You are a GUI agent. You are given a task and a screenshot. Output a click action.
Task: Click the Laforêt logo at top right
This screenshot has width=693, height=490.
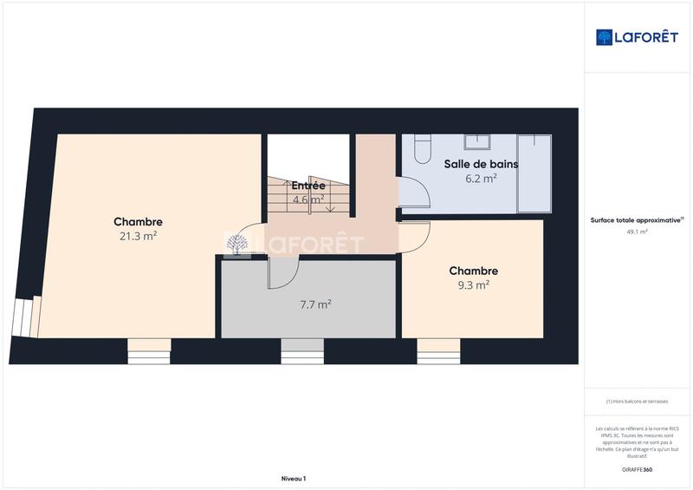pyautogui.click(x=638, y=37)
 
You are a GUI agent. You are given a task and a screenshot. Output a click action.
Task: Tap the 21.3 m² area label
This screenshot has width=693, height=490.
pyautogui.click(x=138, y=236)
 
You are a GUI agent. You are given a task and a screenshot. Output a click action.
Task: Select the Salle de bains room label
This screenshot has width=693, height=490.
pyautogui.click(x=481, y=164)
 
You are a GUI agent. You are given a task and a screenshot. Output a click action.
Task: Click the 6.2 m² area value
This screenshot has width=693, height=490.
pyautogui.click(x=481, y=179)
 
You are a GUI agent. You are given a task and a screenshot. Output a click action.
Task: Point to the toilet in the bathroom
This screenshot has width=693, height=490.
pyautogui.click(x=422, y=149)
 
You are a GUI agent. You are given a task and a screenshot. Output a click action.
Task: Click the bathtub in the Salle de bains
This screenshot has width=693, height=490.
pyautogui.click(x=534, y=173)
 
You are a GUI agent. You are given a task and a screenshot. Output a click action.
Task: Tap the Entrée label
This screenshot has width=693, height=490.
pyautogui.click(x=308, y=186)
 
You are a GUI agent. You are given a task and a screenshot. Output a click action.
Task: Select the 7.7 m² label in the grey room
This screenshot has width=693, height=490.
pyautogui.click(x=315, y=304)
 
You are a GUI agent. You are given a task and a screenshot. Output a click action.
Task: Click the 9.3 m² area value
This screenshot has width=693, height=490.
pyautogui.click(x=473, y=284)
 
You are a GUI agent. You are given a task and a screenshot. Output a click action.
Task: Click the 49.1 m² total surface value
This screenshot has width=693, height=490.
pyautogui.click(x=638, y=232)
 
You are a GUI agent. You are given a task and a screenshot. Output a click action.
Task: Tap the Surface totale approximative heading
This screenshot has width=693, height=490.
pyautogui.click(x=638, y=220)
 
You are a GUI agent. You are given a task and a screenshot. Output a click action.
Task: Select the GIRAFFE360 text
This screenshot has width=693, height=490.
pyautogui.click(x=638, y=469)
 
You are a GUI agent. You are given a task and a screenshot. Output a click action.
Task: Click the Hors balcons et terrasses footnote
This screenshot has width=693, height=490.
pyautogui.click(x=638, y=402)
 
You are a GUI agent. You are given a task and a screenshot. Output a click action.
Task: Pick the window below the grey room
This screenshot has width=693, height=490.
pyautogui.click(x=302, y=350)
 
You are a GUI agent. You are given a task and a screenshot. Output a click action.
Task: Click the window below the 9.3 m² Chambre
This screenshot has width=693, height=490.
pyautogui.click(x=438, y=350)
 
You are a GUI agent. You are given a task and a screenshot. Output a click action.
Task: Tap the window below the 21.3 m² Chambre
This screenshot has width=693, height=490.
pyautogui.click(x=149, y=350)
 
